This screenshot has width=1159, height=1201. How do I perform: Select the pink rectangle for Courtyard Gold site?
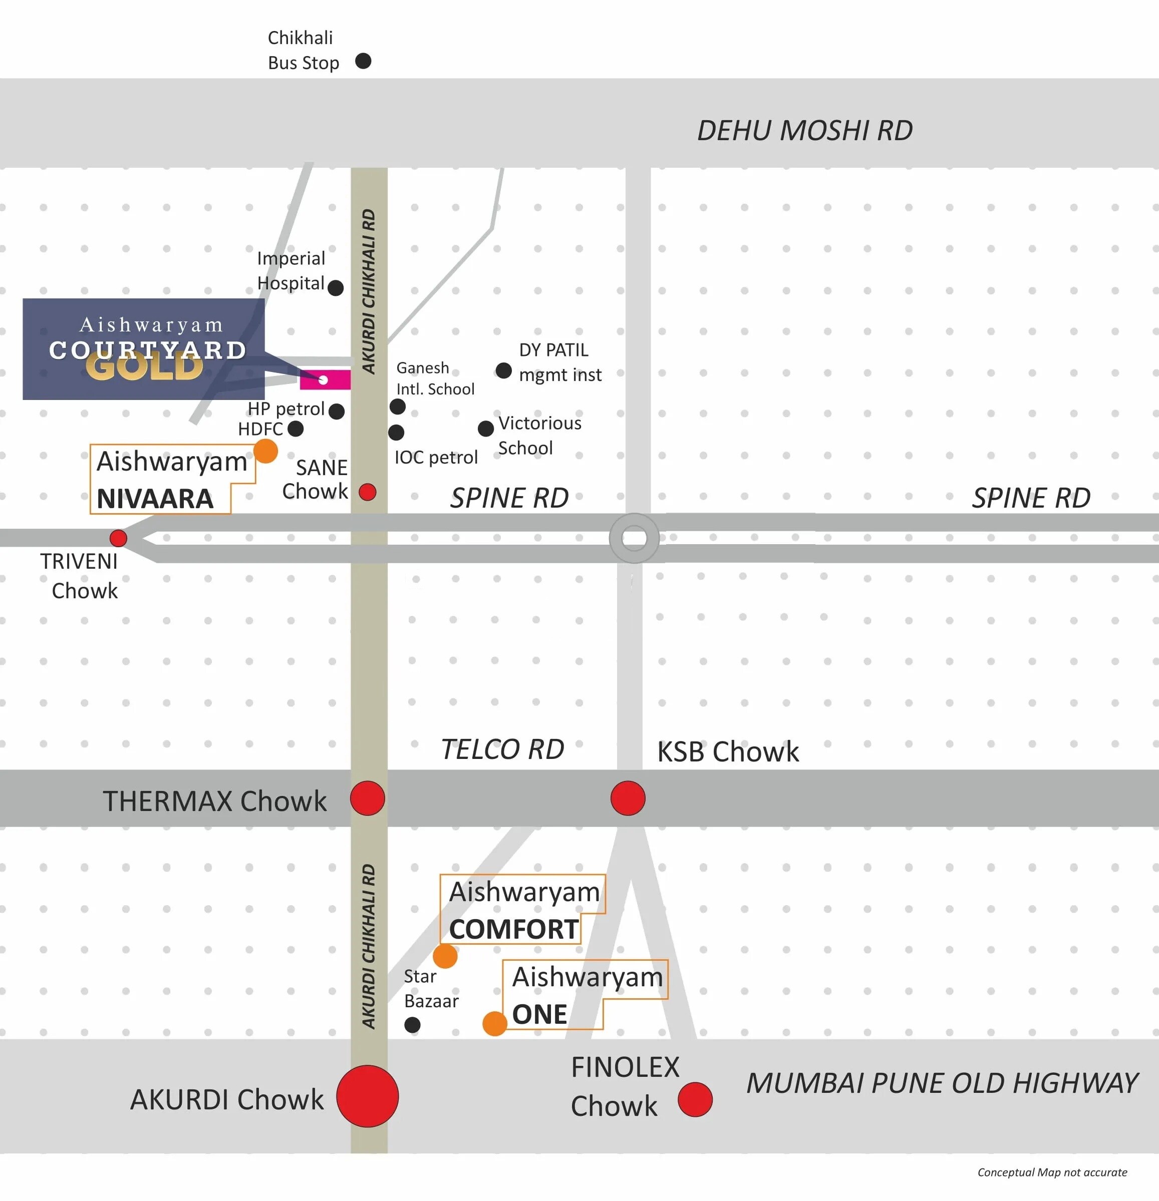[325, 380]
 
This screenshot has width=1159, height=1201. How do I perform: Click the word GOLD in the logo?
[145, 367]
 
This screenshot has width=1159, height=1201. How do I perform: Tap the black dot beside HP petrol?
[337, 411]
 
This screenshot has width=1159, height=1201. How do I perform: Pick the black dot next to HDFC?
[296, 429]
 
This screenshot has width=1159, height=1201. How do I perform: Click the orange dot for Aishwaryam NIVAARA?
[265, 451]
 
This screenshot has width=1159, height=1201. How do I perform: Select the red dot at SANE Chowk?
[367, 492]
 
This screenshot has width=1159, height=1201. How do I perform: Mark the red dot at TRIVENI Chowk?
[118, 538]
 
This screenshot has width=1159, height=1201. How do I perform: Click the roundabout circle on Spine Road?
[635, 538]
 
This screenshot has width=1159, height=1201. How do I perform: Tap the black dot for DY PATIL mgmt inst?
[503, 371]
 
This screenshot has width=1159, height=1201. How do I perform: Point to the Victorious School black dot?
[485, 429]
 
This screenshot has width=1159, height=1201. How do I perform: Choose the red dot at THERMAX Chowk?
[368, 798]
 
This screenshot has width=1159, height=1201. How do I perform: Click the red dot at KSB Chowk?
[628, 798]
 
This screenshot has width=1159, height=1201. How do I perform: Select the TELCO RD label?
[502, 749]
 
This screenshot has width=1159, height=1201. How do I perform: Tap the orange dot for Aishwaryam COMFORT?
[445, 956]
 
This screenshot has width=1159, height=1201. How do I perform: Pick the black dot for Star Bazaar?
[413, 1024]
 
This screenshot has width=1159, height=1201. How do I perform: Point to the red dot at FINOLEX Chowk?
[695, 1099]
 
